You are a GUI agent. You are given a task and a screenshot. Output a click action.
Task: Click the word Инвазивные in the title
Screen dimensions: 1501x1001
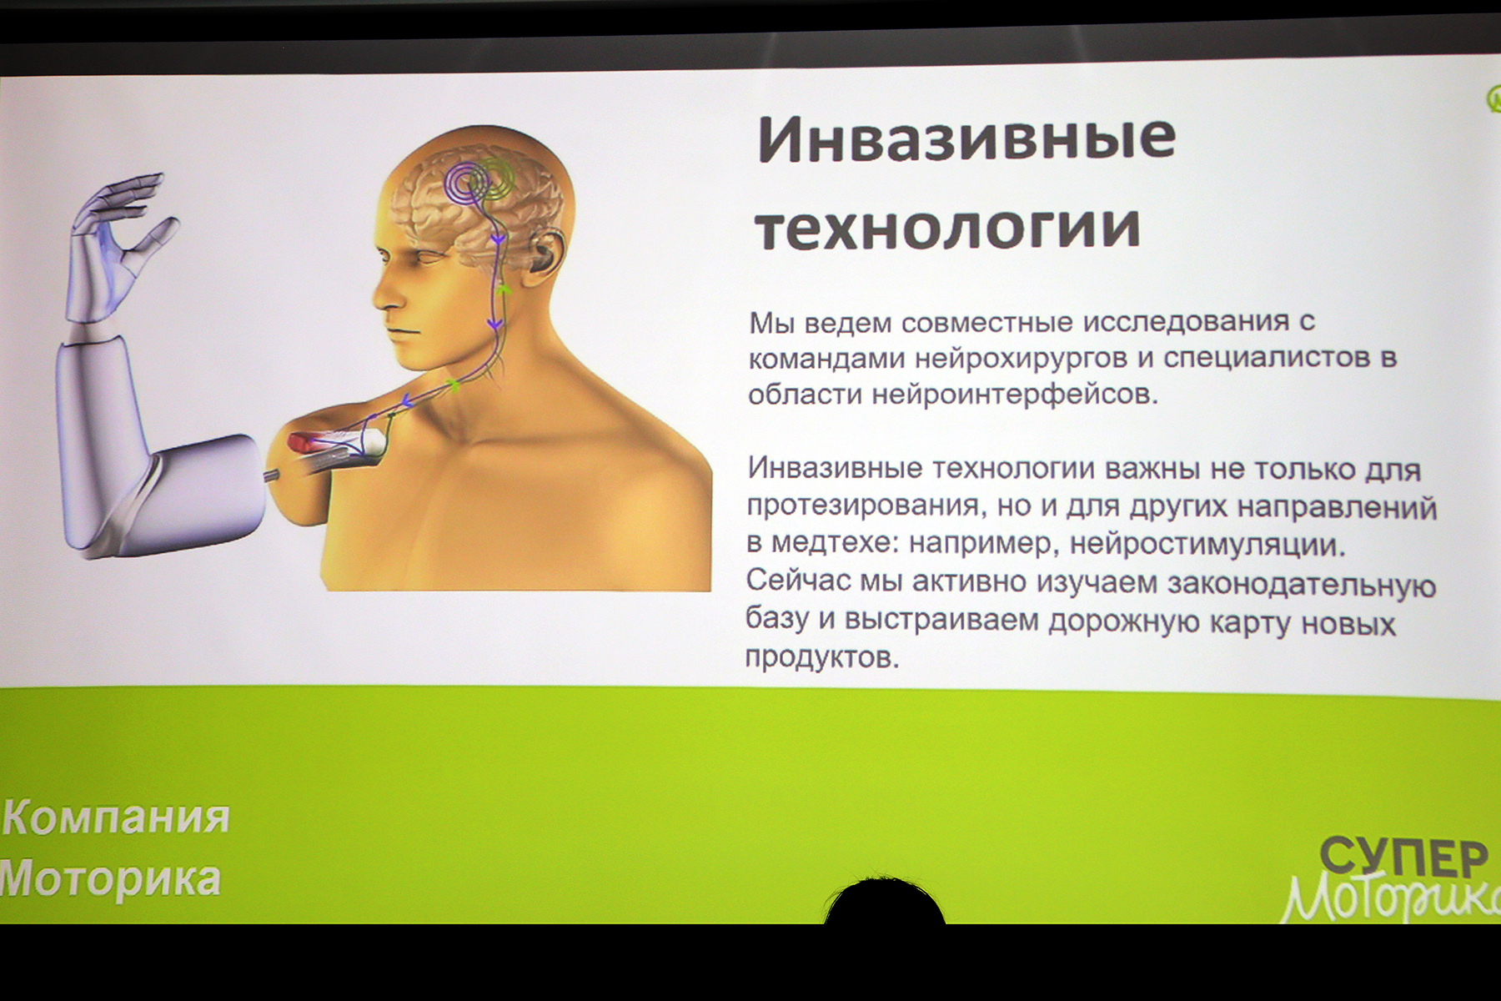click(966, 139)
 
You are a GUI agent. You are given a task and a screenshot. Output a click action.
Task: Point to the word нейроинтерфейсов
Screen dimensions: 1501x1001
click(1015, 394)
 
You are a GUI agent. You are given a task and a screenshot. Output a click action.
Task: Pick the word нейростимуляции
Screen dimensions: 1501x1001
click(1207, 545)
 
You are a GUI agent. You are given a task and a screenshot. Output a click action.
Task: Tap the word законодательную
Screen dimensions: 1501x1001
click(1302, 585)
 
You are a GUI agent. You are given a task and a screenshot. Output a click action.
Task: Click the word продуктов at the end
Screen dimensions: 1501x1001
click(822, 657)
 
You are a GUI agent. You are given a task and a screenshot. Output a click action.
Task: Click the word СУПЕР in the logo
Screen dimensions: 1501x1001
click(1403, 857)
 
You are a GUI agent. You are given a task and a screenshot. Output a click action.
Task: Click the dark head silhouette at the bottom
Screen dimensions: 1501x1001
click(884, 903)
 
